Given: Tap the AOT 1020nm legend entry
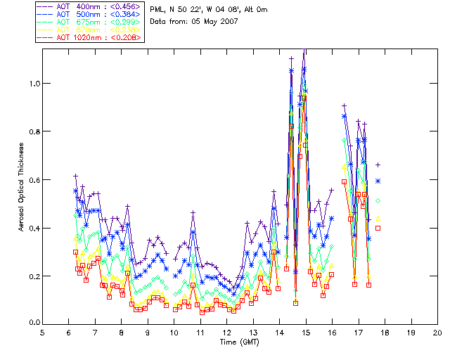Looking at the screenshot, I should point(89,37).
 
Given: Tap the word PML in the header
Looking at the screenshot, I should point(158,9).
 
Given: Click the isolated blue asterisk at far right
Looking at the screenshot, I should point(378,181).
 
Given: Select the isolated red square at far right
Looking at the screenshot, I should point(378,228).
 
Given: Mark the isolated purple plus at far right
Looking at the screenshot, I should point(378,165).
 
